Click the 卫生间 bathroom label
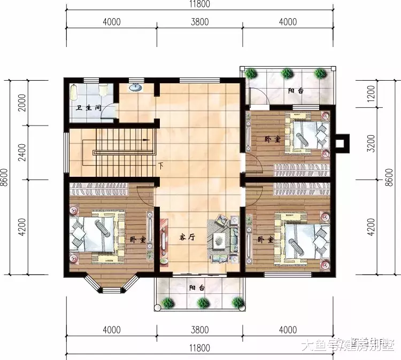tap(89, 108)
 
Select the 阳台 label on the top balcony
tap(296, 91)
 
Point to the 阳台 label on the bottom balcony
tap(196, 287)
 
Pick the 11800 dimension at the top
tap(200, 5)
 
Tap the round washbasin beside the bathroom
tap(136, 88)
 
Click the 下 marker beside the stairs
tap(160, 166)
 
